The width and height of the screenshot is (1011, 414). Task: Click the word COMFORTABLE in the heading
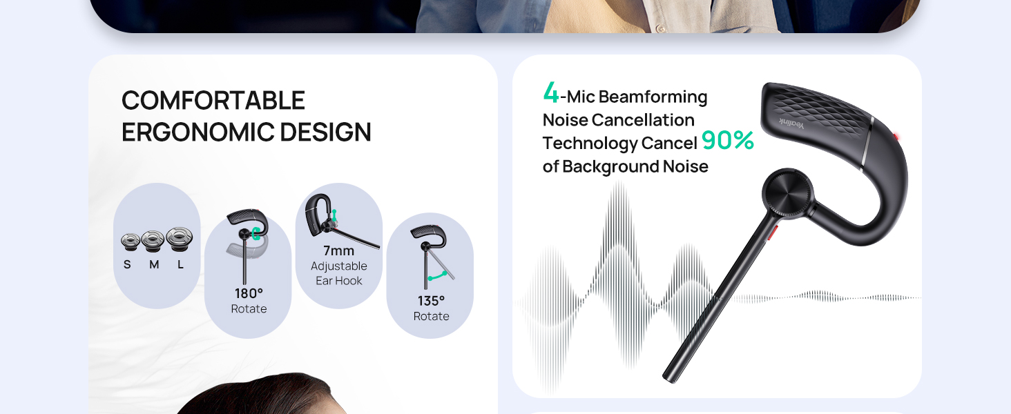(x=213, y=100)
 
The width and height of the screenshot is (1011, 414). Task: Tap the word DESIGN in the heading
(x=325, y=132)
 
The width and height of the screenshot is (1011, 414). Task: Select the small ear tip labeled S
(x=130, y=241)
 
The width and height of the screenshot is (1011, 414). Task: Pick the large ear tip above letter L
(x=179, y=239)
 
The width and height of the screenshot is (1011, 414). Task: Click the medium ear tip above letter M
(x=153, y=241)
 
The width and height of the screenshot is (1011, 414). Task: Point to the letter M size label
(x=154, y=265)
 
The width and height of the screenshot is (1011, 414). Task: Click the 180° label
(x=249, y=293)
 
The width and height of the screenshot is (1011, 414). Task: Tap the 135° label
(x=431, y=301)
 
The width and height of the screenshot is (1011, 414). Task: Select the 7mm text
(x=338, y=250)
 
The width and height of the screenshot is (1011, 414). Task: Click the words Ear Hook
(x=338, y=281)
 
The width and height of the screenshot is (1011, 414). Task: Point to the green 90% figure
(x=728, y=140)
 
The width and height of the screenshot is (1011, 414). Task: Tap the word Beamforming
(x=653, y=97)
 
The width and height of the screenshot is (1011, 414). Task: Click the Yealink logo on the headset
(x=791, y=124)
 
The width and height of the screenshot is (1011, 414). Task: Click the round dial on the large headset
(x=787, y=194)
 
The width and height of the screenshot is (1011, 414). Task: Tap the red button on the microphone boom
(x=772, y=233)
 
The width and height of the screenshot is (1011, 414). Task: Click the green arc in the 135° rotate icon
(x=437, y=276)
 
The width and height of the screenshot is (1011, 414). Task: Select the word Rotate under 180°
(x=249, y=309)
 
